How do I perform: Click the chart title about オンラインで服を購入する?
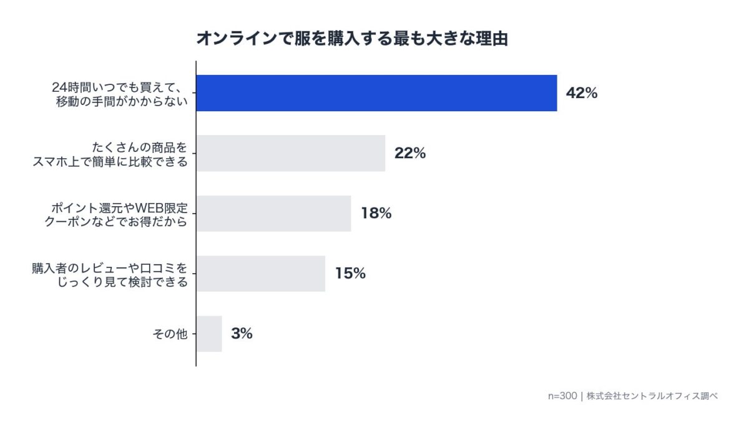pyautogui.click(x=352, y=39)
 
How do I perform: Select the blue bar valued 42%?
pyautogui.click(x=376, y=93)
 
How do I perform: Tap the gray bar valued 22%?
pyautogui.click(x=290, y=153)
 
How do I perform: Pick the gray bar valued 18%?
pyautogui.click(x=273, y=213)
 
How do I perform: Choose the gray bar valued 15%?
pyautogui.click(x=260, y=273)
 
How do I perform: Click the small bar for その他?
pyautogui.click(x=209, y=334)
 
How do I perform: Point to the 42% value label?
pyautogui.click(x=582, y=93)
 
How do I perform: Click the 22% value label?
pyautogui.click(x=410, y=153)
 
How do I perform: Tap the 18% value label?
pyautogui.click(x=376, y=213)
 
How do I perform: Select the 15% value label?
pyautogui.click(x=350, y=273)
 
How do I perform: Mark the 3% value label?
pyautogui.click(x=242, y=334)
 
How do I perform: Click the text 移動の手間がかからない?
pyautogui.click(x=122, y=100)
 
